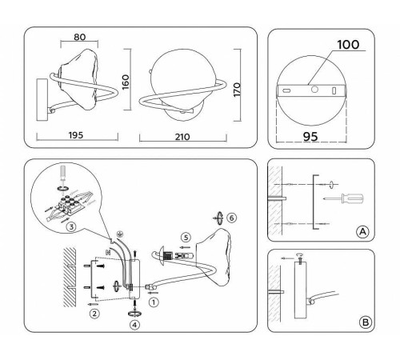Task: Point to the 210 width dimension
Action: click(x=182, y=137)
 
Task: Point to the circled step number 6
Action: click(x=232, y=218)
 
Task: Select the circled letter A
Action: click(x=362, y=231)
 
